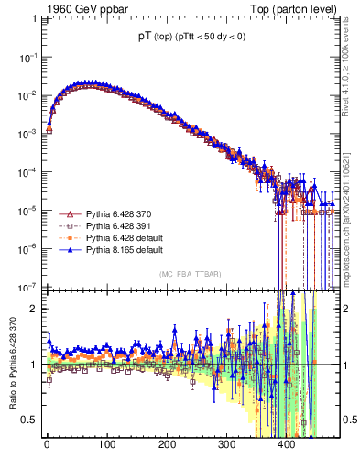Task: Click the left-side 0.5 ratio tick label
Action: click(28, 420)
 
